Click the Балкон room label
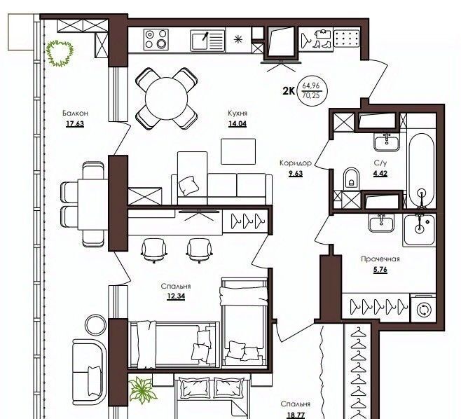tap(75, 114)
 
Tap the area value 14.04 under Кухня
tap(238, 124)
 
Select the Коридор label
tap(296, 163)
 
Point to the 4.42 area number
tap(380, 173)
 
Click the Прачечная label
tap(380, 259)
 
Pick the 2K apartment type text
tap(289, 91)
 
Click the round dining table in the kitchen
tap(167, 99)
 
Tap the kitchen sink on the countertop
tap(207, 41)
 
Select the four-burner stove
tap(156, 39)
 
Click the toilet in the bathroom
tap(352, 179)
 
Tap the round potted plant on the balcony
tap(60, 53)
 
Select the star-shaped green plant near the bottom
tap(143, 390)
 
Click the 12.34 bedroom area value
tap(176, 296)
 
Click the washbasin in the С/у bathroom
tap(387, 142)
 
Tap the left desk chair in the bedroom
tap(153, 250)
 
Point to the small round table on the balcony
tap(95, 324)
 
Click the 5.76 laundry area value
tap(380, 270)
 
